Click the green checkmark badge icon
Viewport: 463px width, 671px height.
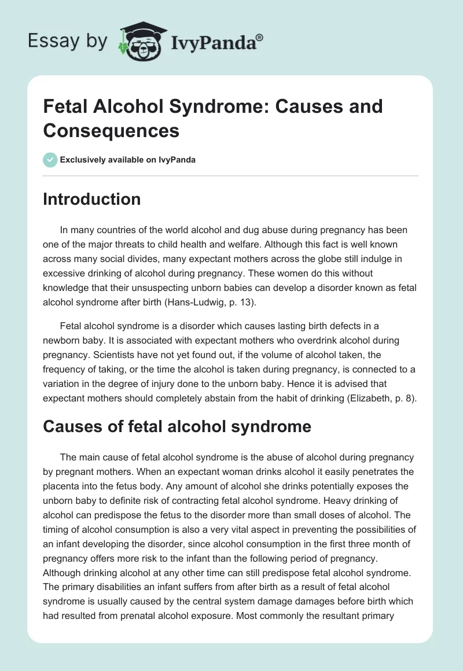50,160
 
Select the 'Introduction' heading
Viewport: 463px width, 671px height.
92,200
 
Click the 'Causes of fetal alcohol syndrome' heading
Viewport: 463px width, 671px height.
177,426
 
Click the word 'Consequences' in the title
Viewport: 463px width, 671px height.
111,131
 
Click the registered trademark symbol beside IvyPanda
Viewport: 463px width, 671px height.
260,37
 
